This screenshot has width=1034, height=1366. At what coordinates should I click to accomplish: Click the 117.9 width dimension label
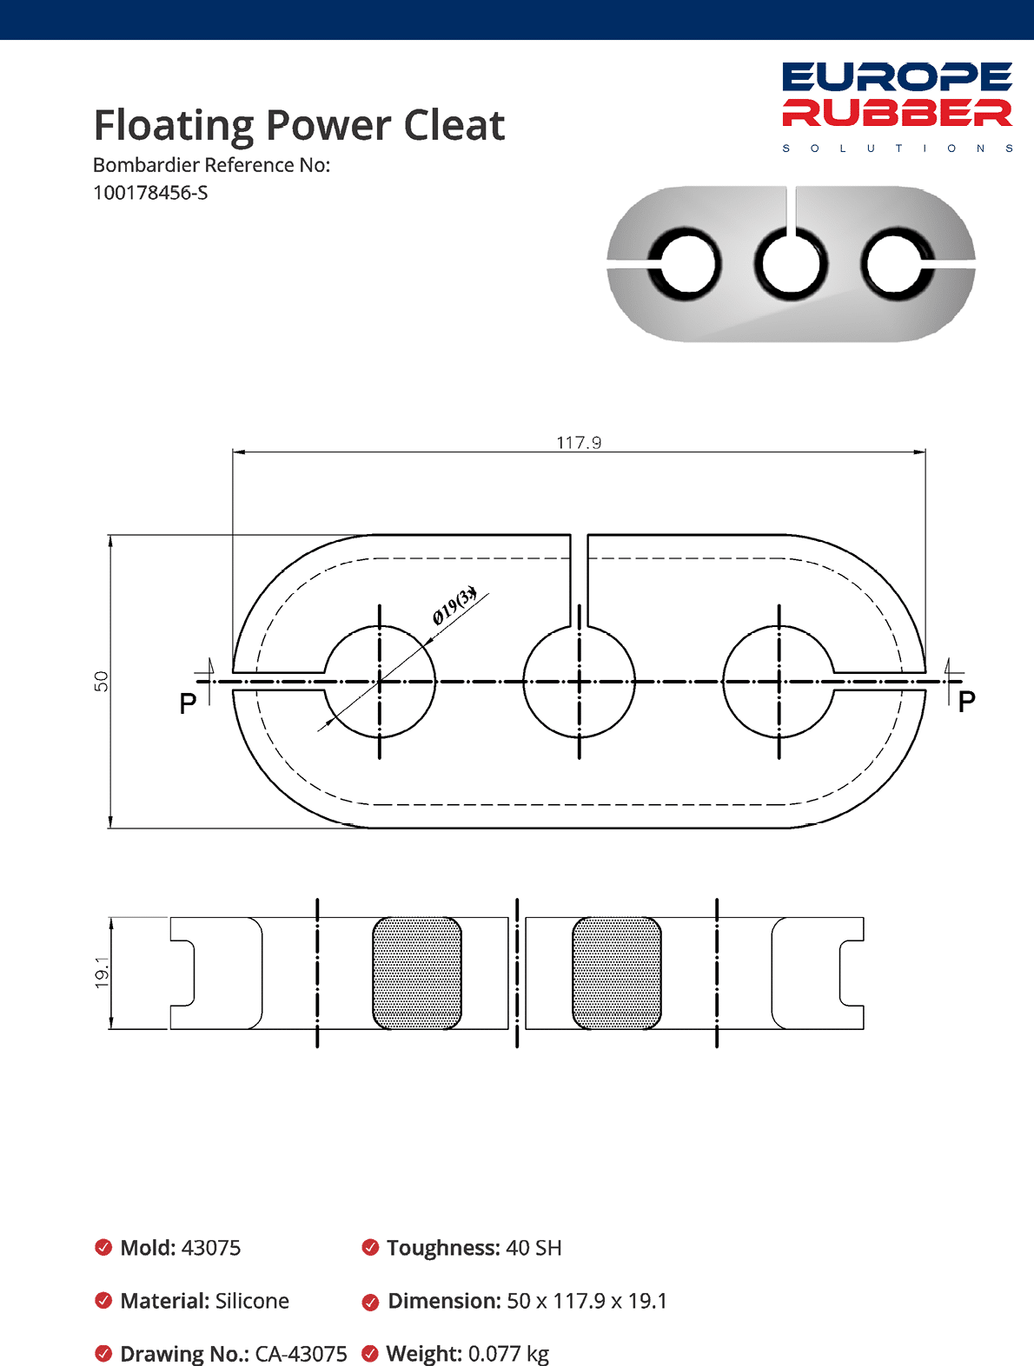pyautogui.click(x=579, y=443)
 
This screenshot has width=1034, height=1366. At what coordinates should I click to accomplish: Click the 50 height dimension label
pyautogui.click(x=102, y=681)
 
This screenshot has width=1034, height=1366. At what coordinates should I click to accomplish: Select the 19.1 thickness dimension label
pyautogui.click(x=102, y=973)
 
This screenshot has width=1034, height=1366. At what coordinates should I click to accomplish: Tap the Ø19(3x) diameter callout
pyautogui.click(x=454, y=605)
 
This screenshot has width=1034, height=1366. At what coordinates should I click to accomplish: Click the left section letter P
pyautogui.click(x=188, y=703)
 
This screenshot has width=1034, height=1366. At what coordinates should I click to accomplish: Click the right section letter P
pyautogui.click(x=966, y=702)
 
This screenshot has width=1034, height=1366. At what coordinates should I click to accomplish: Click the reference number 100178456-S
pyautogui.click(x=150, y=193)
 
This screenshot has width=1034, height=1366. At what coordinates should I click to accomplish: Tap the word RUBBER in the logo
pyautogui.click(x=897, y=113)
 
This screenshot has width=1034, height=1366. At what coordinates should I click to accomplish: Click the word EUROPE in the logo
pyautogui.click(x=897, y=77)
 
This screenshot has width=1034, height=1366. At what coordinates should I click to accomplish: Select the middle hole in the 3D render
pyautogui.click(x=791, y=264)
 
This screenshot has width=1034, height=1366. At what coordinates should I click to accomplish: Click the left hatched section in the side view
pyautogui.click(x=417, y=973)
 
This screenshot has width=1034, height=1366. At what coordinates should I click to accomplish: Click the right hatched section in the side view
pyautogui.click(x=617, y=973)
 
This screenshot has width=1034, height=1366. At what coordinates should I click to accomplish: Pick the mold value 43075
pyautogui.click(x=211, y=1248)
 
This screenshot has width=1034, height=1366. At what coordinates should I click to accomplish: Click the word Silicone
pyautogui.click(x=252, y=1301)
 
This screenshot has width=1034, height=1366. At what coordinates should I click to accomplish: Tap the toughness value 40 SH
pyautogui.click(x=534, y=1248)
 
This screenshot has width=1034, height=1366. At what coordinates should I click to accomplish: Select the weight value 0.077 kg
pyautogui.click(x=508, y=1354)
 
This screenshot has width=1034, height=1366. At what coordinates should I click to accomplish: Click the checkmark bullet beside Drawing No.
pyautogui.click(x=103, y=1354)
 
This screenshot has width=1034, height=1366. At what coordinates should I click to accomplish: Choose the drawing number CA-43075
pyautogui.click(x=301, y=1354)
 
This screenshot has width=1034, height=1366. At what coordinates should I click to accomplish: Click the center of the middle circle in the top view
pyautogui.click(x=580, y=682)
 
